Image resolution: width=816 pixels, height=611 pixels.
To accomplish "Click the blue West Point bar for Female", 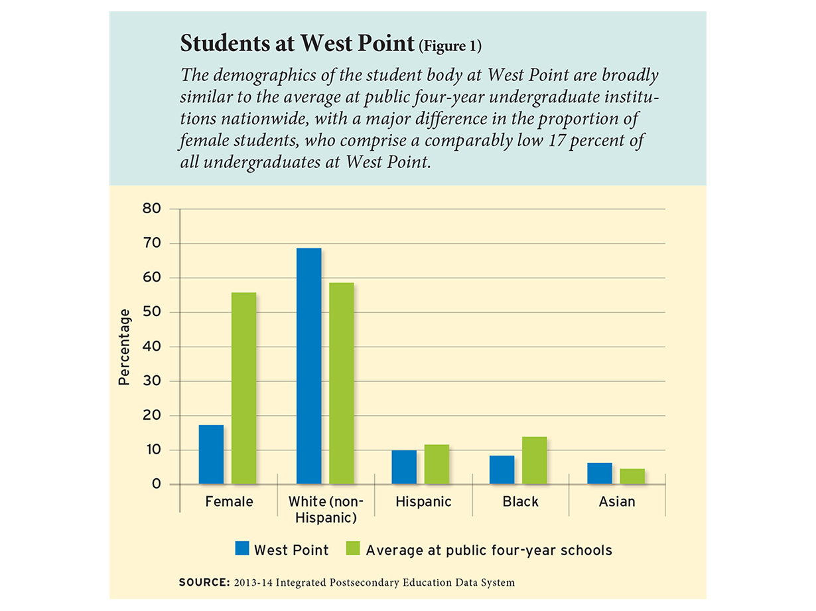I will pyautogui.click(x=211, y=454).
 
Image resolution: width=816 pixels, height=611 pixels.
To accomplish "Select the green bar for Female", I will pyautogui.click(x=243, y=389).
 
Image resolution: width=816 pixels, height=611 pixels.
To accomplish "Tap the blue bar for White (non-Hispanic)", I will pyautogui.click(x=308, y=366).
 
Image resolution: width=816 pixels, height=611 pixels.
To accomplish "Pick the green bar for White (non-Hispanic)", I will pyautogui.click(x=341, y=383).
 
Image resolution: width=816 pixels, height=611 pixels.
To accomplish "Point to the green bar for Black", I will pyautogui.click(x=534, y=460).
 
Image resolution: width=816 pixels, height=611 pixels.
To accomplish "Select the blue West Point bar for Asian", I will pyautogui.click(x=600, y=473).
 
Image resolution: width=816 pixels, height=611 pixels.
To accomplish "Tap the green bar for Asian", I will pyautogui.click(x=632, y=476).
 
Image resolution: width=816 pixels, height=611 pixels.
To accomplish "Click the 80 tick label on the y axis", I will pyautogui.click(x=152, y=209).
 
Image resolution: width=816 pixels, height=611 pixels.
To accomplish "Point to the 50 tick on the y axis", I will pyautogui.click(x=152, y=312).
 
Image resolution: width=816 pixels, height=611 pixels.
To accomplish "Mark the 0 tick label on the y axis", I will pyautogui.click(x=157, y=484).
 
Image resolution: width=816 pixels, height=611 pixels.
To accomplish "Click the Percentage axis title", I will pyautogui.click(x=124, y=347).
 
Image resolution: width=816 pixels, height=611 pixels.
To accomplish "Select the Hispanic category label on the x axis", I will pyautogui.click(x=423, y=502).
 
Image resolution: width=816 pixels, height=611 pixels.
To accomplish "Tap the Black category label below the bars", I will pyautogui.click(x=521, y=502).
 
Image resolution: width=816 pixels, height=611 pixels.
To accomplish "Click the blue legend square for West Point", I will pyautogui.click(x=241, y=549).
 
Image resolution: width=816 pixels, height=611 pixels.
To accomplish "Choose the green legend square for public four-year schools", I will pyautogui.click(x=352, y=549).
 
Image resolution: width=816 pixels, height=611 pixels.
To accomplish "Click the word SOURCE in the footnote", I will pyautogui.click(x=202, y=582).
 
